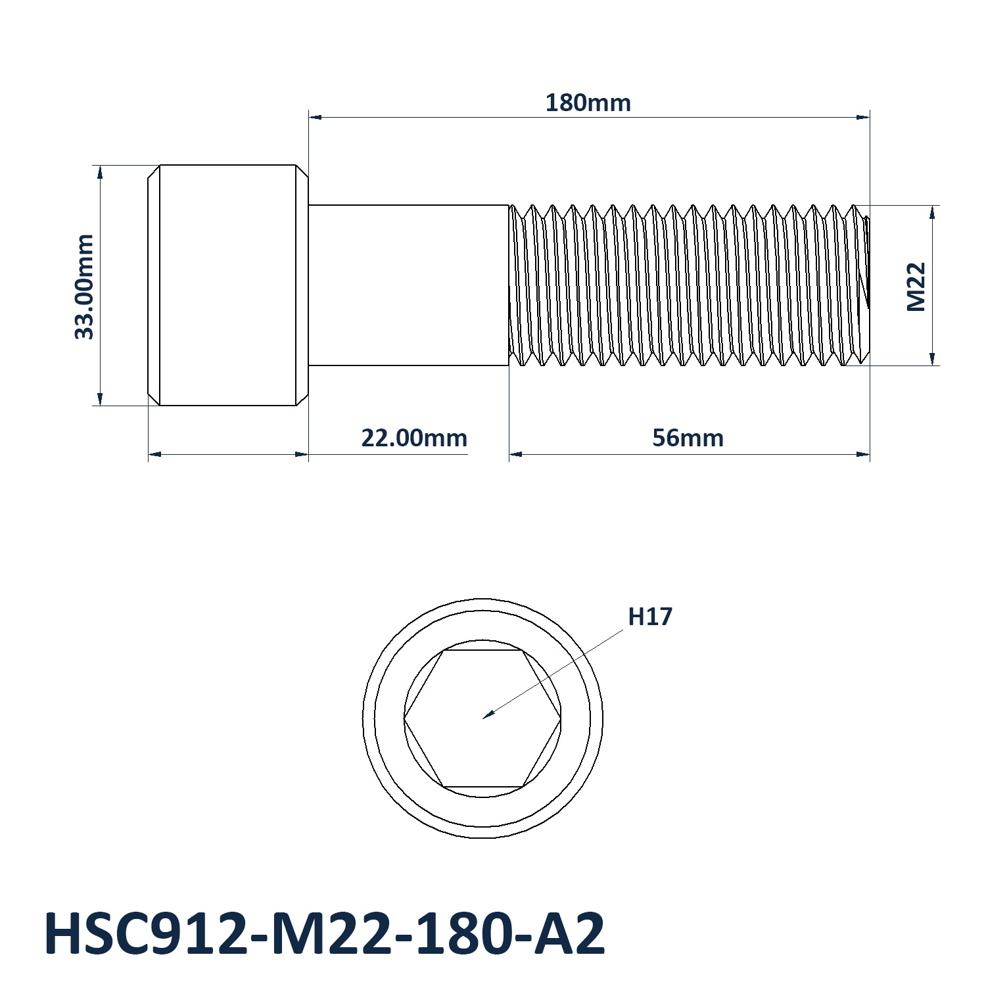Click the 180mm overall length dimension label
588,103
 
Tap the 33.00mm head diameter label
85,287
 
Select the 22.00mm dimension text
415,438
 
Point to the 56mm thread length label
688,438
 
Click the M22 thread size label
916,287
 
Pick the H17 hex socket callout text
651,617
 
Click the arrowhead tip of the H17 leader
483,718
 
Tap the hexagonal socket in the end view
482,718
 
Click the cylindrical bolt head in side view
227,285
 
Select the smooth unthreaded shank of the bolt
409,285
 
